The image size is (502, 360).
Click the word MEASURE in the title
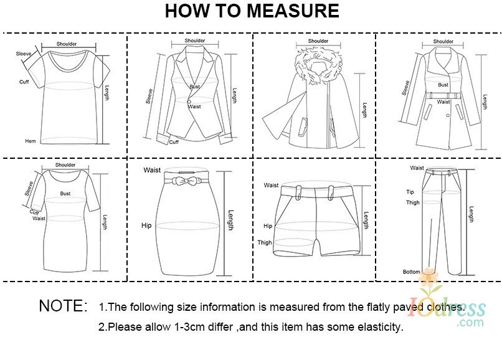point(293,11)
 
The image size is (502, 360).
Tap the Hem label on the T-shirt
point(31,141)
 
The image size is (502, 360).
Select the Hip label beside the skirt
point(146,225)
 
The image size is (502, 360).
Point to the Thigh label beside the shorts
point(265,242)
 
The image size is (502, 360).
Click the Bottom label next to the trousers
point(412,272)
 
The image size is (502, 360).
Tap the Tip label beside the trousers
point(410,192)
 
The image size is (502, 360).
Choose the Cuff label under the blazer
point(174,142)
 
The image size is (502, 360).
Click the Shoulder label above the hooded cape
point(318,41)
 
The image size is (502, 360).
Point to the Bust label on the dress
point(65,194)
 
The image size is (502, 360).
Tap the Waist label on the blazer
point(194,107)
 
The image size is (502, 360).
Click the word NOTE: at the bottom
point(63,306)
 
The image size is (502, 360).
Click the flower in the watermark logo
point(429,277)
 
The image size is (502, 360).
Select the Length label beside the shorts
point(366,220)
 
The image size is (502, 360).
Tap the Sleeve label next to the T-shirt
point(24,54)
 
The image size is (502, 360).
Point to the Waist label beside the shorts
point(271,185)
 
